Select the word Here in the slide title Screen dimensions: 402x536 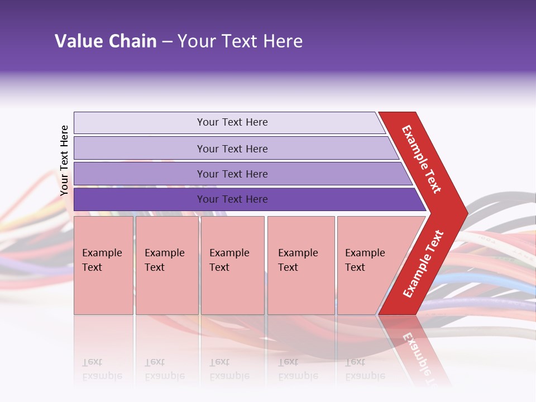283,41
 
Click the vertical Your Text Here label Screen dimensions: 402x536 64,160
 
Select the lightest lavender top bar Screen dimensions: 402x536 232,122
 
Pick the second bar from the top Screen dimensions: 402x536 232,149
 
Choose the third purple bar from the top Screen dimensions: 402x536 232,174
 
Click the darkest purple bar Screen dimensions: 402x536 232,199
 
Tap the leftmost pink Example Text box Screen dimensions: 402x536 103,265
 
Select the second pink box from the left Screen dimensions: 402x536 166,265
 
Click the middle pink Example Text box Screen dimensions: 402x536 232,265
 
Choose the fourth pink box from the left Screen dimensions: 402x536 300,265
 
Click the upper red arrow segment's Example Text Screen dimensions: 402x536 422,159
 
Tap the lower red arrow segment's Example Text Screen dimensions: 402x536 423,264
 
